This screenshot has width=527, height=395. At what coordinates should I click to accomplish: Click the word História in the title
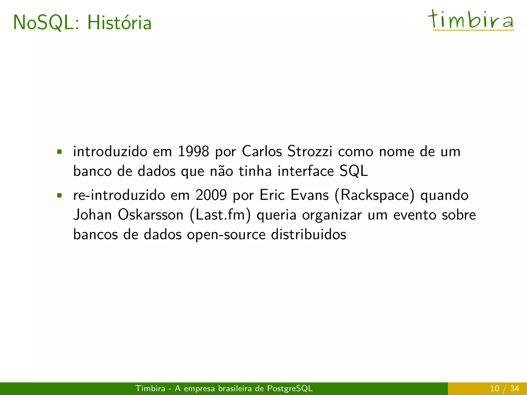click(119, 23)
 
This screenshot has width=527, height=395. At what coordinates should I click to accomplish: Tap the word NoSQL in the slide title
click(44, 23)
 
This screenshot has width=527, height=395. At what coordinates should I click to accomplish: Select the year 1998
click(193, 151)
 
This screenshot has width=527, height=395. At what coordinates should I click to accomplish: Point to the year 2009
click(211, 195)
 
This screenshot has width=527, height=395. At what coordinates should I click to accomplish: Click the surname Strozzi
click(310, 151)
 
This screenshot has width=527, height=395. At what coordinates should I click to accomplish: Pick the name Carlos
click(262, 151)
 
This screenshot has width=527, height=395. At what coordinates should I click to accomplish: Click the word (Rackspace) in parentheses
click(375, 195)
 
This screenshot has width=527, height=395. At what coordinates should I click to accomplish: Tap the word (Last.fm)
click(220, 215)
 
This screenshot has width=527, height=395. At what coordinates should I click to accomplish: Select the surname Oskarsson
click(151, 215)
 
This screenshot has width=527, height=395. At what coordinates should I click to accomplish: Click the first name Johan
click(92, 215)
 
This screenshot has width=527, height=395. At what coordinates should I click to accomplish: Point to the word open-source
click(226, 235)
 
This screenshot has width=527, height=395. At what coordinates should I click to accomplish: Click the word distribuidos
click(309, 235)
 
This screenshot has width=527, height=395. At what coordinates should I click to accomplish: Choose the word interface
click(306, 171)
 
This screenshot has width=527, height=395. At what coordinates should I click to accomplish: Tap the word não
click(222, 171)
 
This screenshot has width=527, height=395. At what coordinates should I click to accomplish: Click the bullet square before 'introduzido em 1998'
click(59, 152)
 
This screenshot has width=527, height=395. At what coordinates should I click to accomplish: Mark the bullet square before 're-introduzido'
click(59, 195)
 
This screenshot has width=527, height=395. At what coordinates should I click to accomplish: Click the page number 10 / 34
click(504, 388)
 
